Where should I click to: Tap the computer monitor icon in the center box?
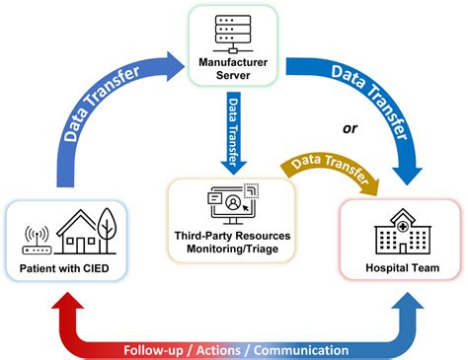(x=230, y=207)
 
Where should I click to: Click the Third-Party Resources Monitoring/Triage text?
(x=232, y=248)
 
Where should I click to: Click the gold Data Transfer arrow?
(x=326, y=168)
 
